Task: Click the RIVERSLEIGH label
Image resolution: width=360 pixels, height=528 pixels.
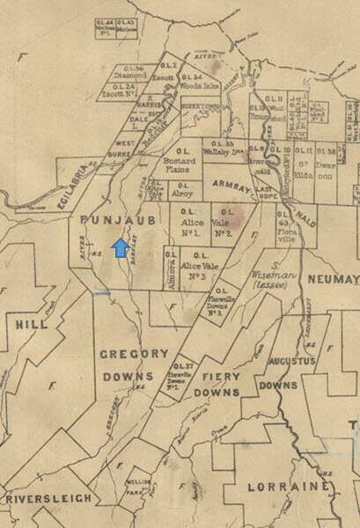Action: pos(48,498)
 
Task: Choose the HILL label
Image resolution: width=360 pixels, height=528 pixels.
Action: pos(32,324)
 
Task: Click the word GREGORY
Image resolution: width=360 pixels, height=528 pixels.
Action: pos(134,353)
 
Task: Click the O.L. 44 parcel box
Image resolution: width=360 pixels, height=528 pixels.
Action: pos(105,27)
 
